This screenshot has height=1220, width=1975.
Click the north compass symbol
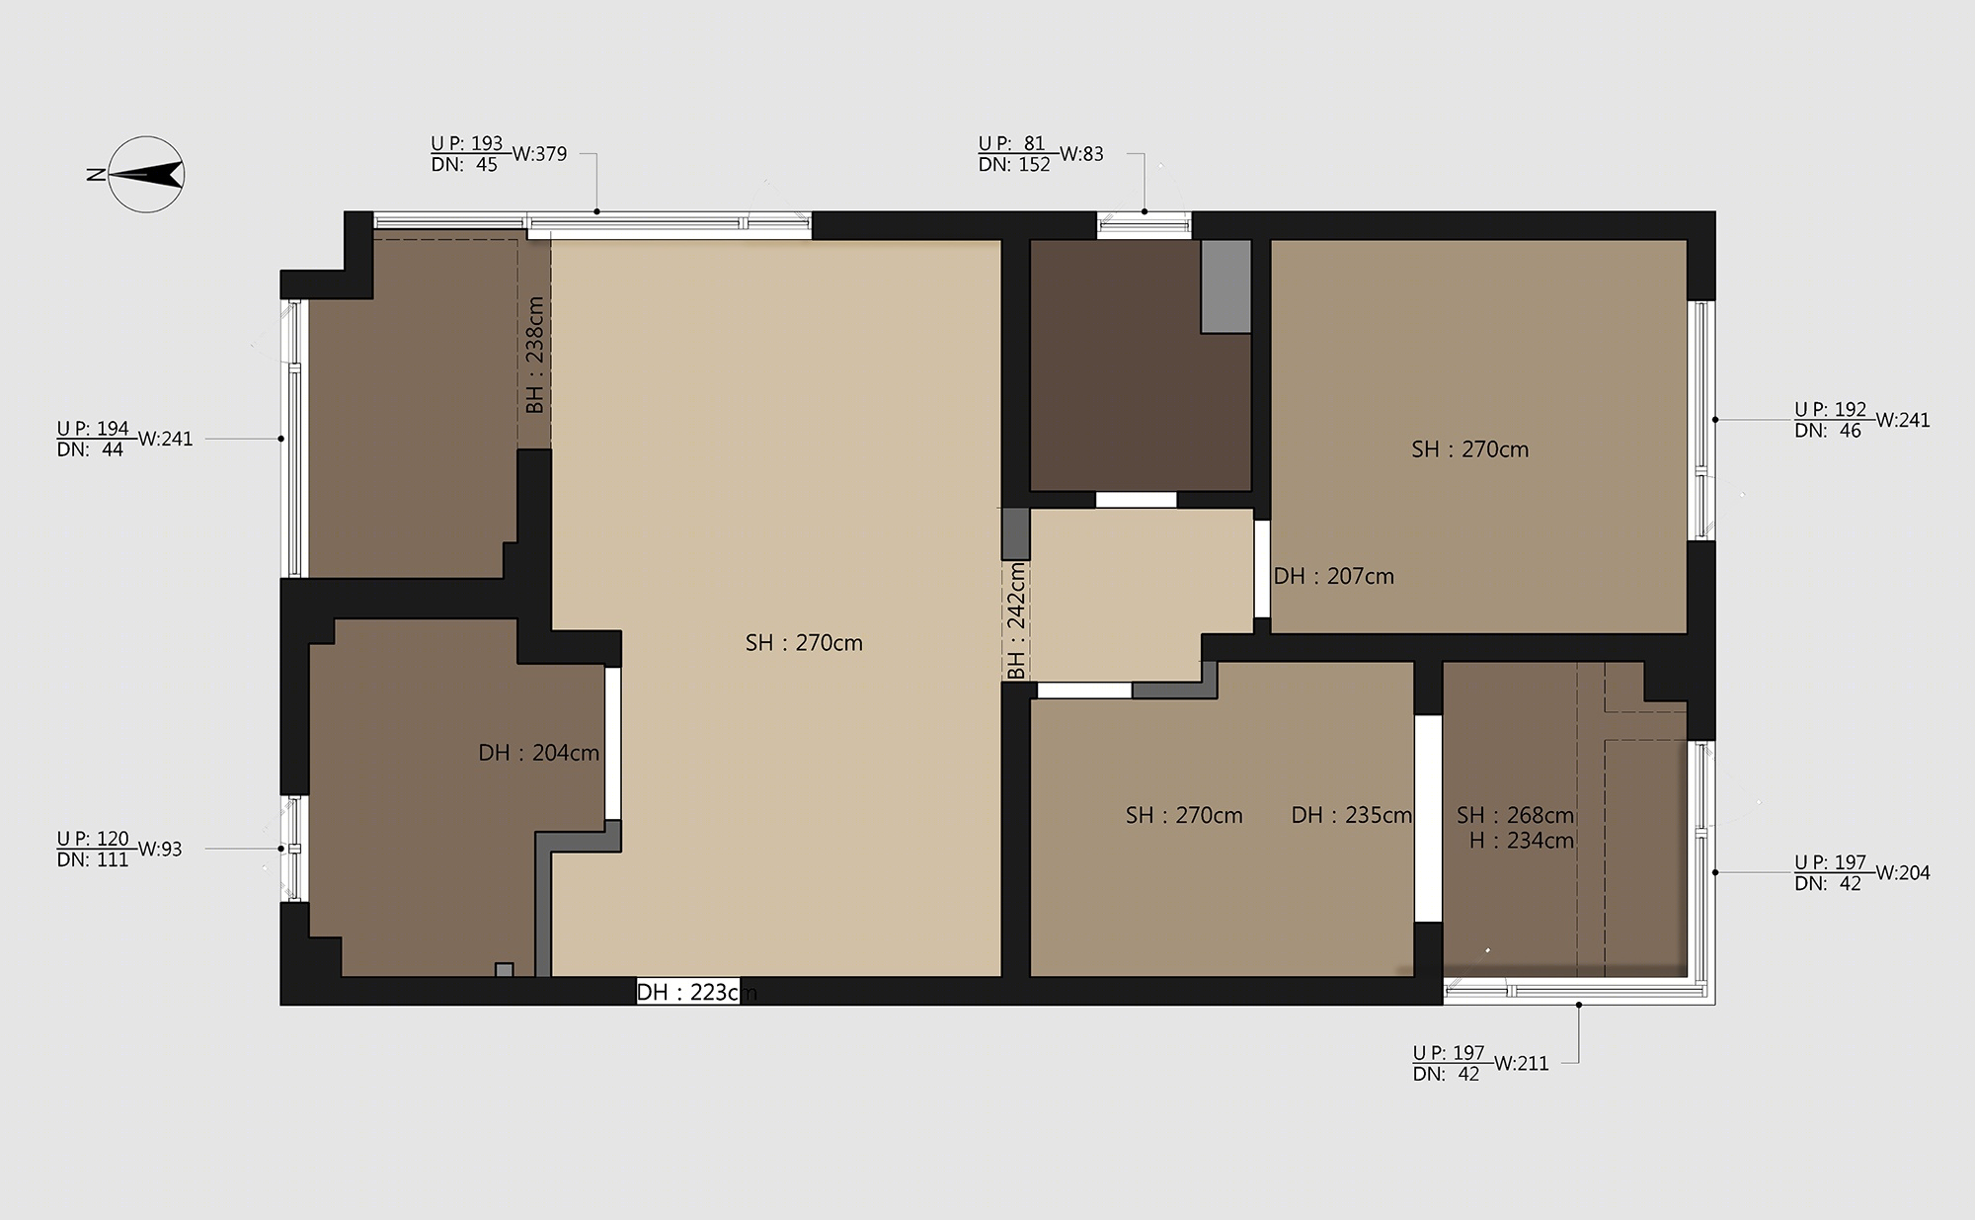(x=145, y=174)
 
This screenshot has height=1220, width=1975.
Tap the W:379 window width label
(x=539, y=154)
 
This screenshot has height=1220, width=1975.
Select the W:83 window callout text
(x=1081, y=154)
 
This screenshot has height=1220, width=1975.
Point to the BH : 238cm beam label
(x=534, y=356)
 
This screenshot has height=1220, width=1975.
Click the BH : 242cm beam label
(x=1016, y=620)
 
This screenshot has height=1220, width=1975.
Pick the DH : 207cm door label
(x=1334, y=576)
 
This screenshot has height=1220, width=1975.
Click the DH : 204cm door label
(x=539, y=753)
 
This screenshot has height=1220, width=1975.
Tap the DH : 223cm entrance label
(x=696, y=992)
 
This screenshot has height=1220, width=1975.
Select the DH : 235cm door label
(x=1352, y=815)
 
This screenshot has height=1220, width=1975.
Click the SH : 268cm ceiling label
(x=1516, y=815)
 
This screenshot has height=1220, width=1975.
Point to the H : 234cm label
(x=1522, y=841)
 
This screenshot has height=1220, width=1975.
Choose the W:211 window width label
(x=1522, y=1064)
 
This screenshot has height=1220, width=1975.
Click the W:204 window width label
(x=1903, y=873)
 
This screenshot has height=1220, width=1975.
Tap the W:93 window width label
(x=160, y=850)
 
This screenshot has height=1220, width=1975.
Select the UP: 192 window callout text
(x=1831, y=409)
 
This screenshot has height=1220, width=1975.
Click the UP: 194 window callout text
(x=93, y=428)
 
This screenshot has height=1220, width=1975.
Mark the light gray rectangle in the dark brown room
(x=1226, y=286)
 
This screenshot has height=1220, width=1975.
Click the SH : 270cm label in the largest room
(x=804, y=643)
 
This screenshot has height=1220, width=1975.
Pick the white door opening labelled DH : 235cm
(x=1428, y=818)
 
